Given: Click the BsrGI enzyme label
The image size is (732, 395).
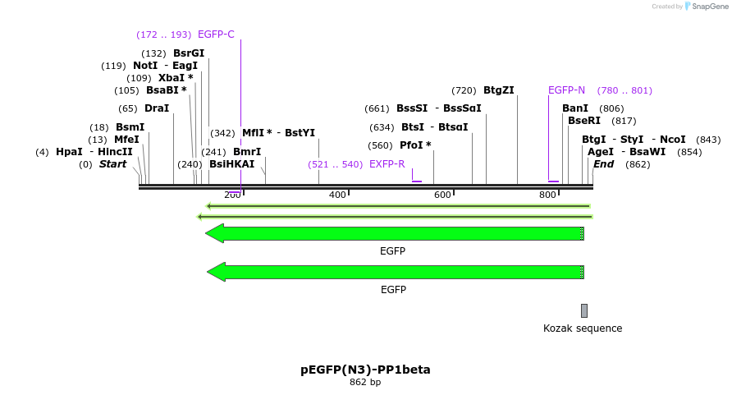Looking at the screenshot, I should (188, 53).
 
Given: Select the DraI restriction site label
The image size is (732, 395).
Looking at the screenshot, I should (156, 108).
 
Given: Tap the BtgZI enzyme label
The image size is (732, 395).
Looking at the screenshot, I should (499, 90).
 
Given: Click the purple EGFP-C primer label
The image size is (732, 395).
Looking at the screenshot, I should (216, 34).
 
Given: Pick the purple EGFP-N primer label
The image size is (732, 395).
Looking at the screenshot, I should (566, 90).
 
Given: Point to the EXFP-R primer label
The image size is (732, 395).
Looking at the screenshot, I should (387, 164).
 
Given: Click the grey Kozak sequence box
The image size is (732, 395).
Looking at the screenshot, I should (584, 310).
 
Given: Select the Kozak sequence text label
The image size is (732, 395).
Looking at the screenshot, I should (583, 328).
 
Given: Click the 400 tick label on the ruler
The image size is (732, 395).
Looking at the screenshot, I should (337, 195).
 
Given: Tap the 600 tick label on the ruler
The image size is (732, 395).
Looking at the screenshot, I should (442, 195).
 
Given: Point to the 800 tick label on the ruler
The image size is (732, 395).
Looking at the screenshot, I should (547, 195).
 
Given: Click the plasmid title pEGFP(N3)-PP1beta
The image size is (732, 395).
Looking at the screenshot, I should (365, 370).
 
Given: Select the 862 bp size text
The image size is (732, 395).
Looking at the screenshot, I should (365, 383).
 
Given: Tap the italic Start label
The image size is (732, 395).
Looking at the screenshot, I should (112, 164).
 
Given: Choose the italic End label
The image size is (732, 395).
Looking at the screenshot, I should (603, 164).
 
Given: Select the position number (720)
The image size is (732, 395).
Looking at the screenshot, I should (464, 90).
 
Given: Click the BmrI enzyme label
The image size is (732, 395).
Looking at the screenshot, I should (247, 152).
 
